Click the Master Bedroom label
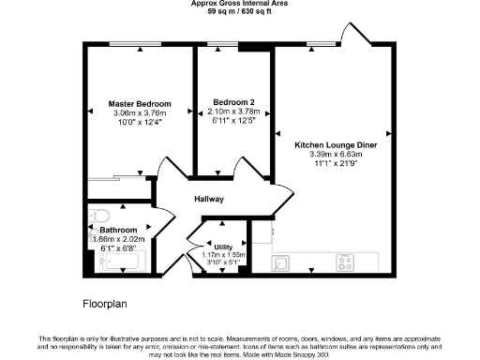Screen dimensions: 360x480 tap(140, 103)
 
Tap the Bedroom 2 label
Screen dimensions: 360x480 tap(233, 102)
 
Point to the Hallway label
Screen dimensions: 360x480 tap(209, 199)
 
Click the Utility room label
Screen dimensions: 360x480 tap(223, 247)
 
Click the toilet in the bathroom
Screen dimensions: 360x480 tap(97, 218)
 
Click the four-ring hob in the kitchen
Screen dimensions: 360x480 tap(345, 262)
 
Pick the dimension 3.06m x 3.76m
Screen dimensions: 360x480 tap(140, 112)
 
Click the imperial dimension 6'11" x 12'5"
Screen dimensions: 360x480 tap(233, 120)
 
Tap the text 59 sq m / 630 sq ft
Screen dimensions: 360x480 tap(239, 13)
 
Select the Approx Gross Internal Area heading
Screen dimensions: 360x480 tap(239, 5)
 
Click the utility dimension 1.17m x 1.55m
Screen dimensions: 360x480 tap(223, 255)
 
